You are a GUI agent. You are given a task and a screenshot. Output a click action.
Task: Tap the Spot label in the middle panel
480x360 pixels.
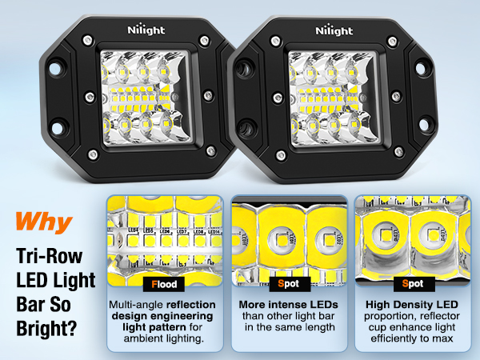coord(289,283)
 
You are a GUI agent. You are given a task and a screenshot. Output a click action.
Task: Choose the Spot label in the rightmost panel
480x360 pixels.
coord(413,283)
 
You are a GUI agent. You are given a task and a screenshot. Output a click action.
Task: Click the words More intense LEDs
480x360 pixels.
coord(289,305)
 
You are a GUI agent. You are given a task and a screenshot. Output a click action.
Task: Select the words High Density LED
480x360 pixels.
coord(413,305)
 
